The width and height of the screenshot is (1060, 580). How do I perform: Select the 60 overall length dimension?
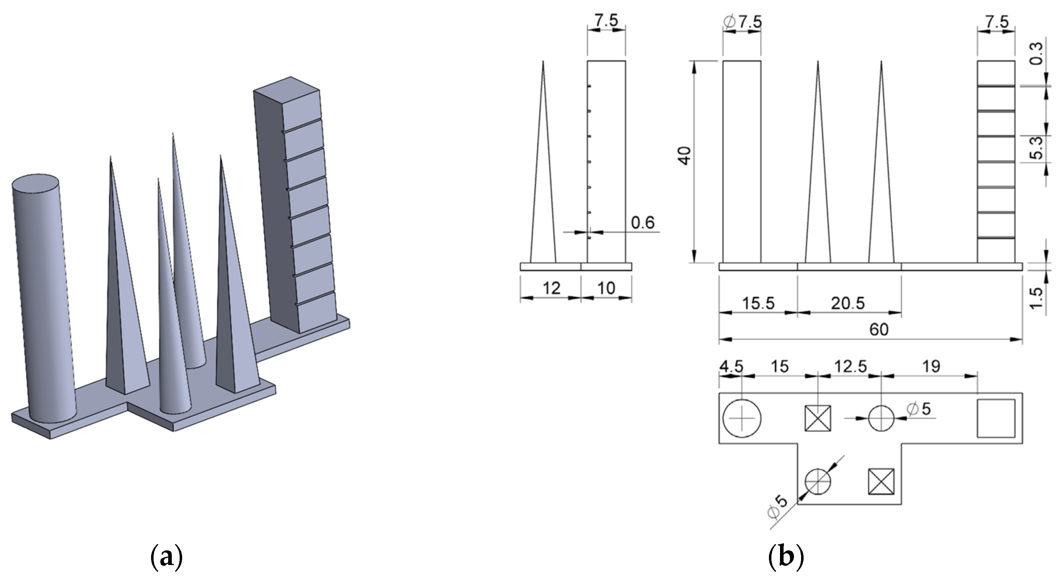pos(879,329)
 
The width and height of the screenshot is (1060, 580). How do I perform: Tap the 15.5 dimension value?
pos(758,303)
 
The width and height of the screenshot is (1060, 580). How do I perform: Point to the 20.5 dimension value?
pos(847,303)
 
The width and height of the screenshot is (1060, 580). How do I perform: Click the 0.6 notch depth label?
pos(643,222)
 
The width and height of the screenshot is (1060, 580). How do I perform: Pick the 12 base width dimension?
pos(551,288)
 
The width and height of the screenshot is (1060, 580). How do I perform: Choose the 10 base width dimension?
pos(606,288)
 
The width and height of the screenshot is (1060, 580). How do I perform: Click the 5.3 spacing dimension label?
pos(1037,148)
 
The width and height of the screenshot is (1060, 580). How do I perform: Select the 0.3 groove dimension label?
pos(1037,54)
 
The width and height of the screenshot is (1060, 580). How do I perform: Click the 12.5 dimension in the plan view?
pos(850,366)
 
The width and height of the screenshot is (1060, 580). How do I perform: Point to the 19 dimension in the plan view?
pos(931,366)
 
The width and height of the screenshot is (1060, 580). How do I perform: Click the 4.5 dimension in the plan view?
pos(731,366)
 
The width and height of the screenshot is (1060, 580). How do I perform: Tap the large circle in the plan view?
pos(742,418)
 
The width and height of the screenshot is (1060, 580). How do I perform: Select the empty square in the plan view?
pos(996,418)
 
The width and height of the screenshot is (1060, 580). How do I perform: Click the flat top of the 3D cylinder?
pos(35,183)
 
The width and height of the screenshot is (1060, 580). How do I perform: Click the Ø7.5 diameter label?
pos(743,22)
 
